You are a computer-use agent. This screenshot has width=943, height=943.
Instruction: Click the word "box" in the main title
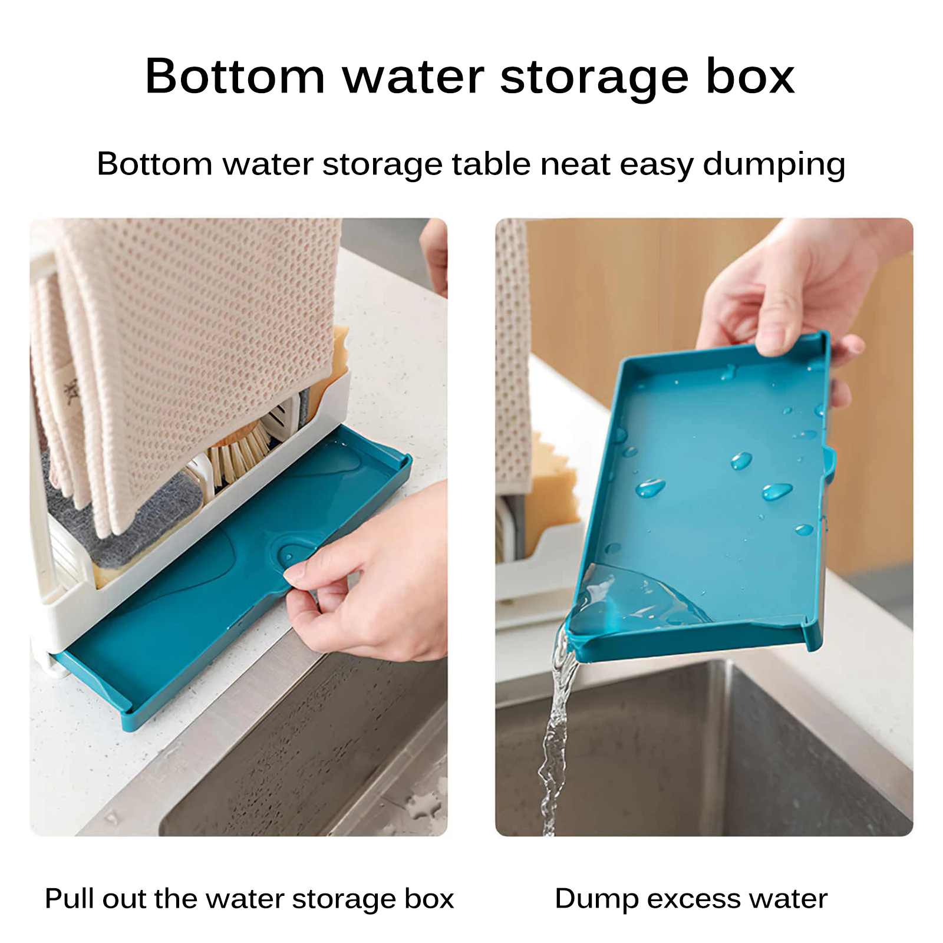tap(750, 76)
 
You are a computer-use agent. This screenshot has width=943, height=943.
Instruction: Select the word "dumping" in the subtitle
tap(774, 165)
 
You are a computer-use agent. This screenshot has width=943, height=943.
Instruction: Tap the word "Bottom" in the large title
tap(235, 76)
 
